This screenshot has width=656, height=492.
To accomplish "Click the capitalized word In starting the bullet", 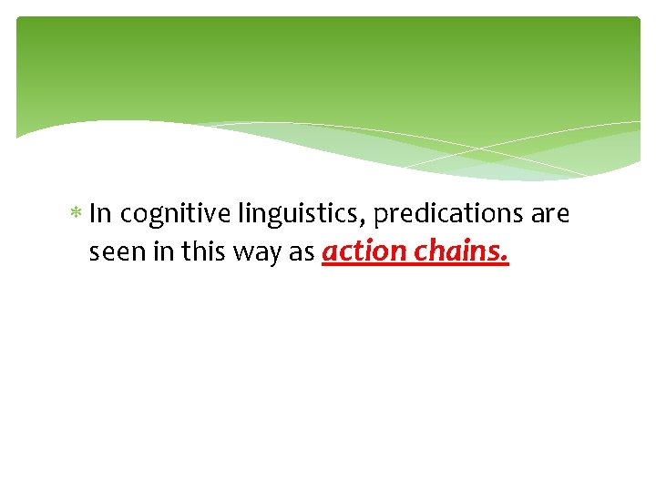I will tap(100, 214).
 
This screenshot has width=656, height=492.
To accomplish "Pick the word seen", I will tap(112, 252).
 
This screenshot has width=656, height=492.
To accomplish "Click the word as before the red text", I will tap(301, 252).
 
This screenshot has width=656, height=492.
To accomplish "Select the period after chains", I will tap(506, 260).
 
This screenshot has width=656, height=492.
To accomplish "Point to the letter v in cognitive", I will tap(213, 215).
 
